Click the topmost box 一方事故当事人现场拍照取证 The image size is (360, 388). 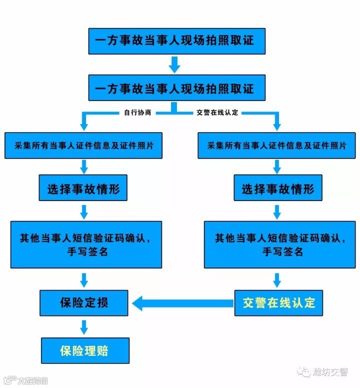[176, 41]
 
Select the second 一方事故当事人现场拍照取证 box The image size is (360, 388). [176, 88]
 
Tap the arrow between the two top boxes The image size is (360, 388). [174, 64]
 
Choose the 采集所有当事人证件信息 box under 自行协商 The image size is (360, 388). [83, 145]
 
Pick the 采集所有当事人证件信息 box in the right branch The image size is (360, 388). [276, 145]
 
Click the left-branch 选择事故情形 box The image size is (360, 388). [83, 189]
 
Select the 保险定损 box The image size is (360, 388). [84, 302]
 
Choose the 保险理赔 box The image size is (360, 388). [85, 350]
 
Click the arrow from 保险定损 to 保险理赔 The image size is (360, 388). [84, 327]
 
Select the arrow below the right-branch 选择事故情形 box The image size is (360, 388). [277, 211]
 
